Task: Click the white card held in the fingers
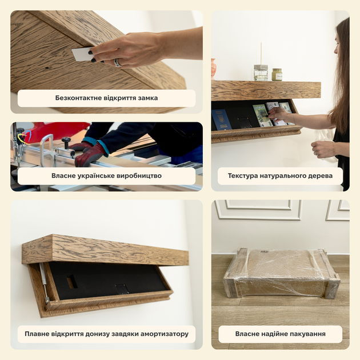coord(82,54)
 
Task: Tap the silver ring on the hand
coord(118,63)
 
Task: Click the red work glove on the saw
coord(90,154)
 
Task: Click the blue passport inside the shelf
coord(221,119)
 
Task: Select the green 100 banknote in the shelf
coord(262,115)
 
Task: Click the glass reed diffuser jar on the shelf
coord(261,73)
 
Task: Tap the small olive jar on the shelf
coord(277,75)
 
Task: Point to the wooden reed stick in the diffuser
coord(261,54)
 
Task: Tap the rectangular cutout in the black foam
coord(72,282)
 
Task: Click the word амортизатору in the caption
coord(165,334)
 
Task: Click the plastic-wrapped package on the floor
coord(282,273)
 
